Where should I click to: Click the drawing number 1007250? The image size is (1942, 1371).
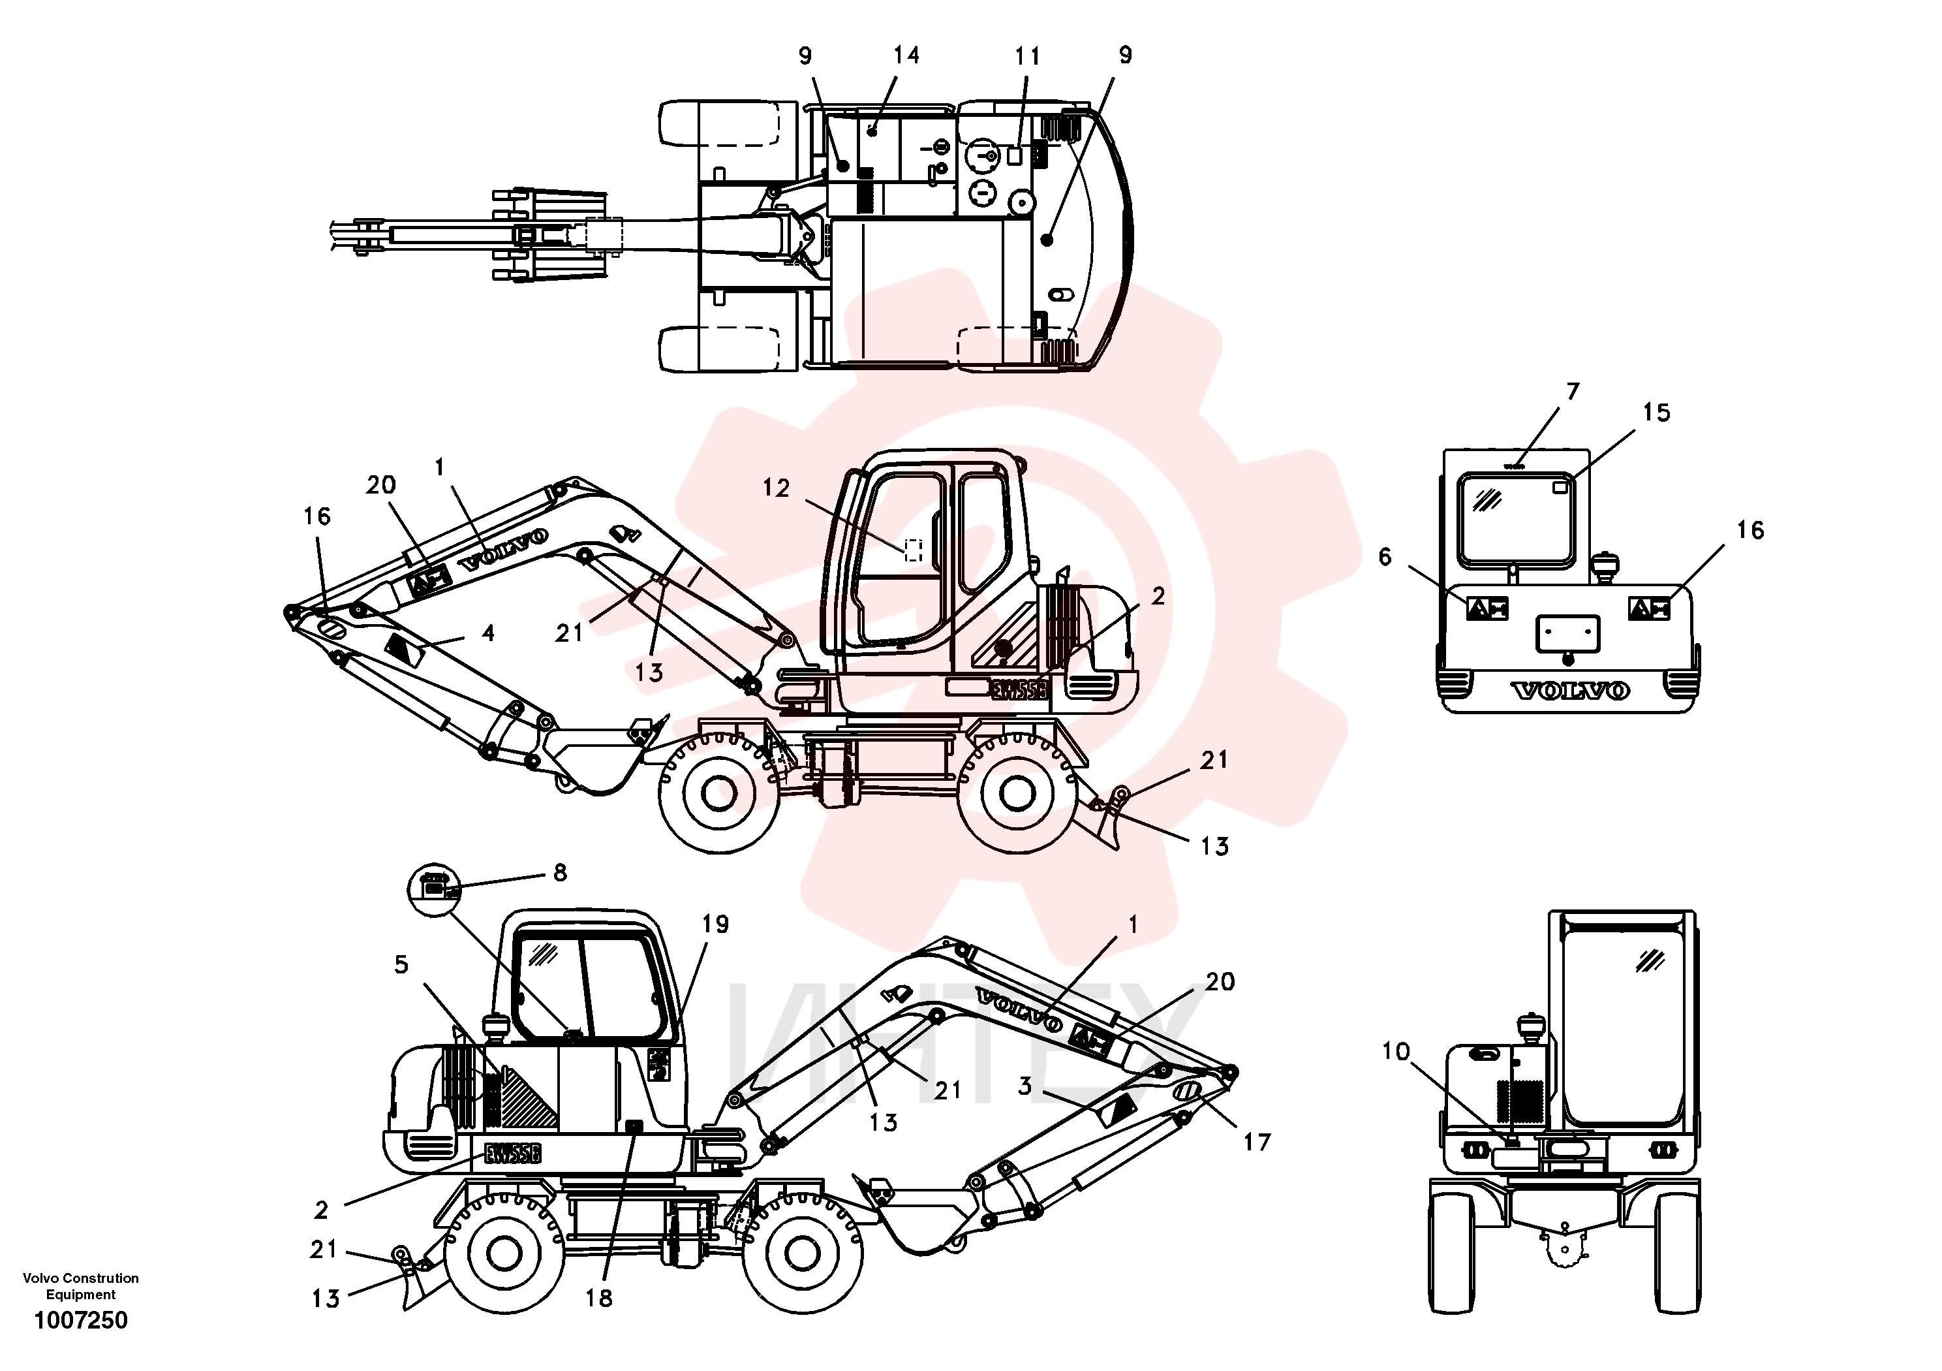(80, 1320)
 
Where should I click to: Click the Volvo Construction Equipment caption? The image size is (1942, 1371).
(80, 1286)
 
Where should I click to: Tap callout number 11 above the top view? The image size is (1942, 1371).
(1028, 57)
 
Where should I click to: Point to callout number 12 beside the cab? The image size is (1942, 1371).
(776, 488)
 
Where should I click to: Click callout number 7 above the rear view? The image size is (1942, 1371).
(1573, 391)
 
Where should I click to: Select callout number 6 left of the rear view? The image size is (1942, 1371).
(1385, 556)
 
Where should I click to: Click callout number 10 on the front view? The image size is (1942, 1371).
(1396, 1051)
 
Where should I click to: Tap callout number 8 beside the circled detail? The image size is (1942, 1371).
(560, 872)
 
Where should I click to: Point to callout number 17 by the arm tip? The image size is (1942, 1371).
(1257, 1142)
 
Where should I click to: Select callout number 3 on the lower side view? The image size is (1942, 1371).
(1025, 1086)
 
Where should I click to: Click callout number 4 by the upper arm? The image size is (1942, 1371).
(488, 633)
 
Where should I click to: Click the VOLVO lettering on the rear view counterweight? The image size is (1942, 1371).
(1570, 691)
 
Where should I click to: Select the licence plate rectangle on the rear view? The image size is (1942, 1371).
(1567, 634)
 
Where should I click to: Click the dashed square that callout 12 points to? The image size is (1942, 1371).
(914, 550)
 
